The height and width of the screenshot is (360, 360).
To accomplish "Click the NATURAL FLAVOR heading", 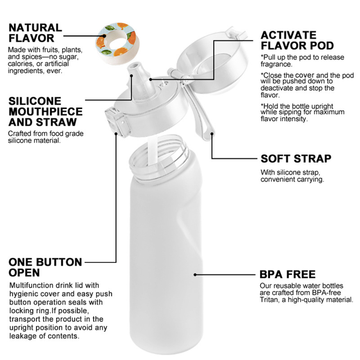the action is (35, 33).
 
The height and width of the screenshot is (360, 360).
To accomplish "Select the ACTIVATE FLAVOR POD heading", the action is (297, 40).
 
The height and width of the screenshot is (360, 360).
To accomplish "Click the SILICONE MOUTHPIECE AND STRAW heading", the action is (45, 112).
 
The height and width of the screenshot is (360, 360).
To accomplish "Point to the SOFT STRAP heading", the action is (296, 159).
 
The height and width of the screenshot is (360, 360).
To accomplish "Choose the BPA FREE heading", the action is (287, 274).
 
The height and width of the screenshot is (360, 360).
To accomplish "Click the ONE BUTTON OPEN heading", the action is (45, 267).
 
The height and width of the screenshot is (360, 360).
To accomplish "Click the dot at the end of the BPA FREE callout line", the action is (195, 274).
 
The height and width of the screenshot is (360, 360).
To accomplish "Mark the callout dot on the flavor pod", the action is (104, 36).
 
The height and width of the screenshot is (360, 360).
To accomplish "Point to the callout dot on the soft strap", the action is (212, 133).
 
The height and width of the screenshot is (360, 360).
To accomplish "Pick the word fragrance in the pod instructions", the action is (276, 64).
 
